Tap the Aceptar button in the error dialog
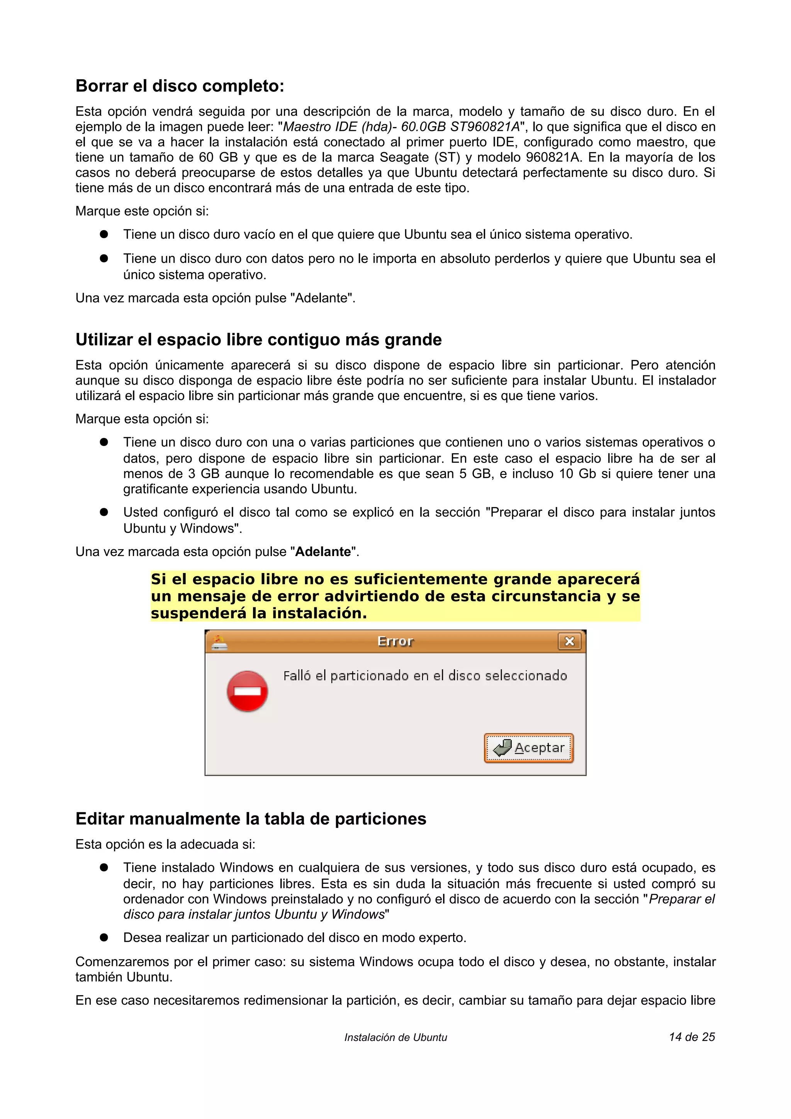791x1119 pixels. [x=528, y=748]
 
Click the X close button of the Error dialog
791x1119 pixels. [x=569, y=641]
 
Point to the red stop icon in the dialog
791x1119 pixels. [x=247, y=691]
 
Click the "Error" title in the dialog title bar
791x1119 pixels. [x=395, y=641]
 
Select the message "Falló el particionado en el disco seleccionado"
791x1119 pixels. [x=425, y=676]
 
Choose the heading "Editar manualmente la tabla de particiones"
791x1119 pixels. [x=251, y=818]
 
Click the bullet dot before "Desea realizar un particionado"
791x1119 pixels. [x=104, y=937]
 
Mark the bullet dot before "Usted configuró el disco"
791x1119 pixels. [x=104, y=512]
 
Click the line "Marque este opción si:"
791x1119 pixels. [x=142, y=211]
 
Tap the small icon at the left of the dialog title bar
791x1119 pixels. [x=219, y=642]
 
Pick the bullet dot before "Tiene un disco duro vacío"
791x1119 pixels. [x=104, y=234]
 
